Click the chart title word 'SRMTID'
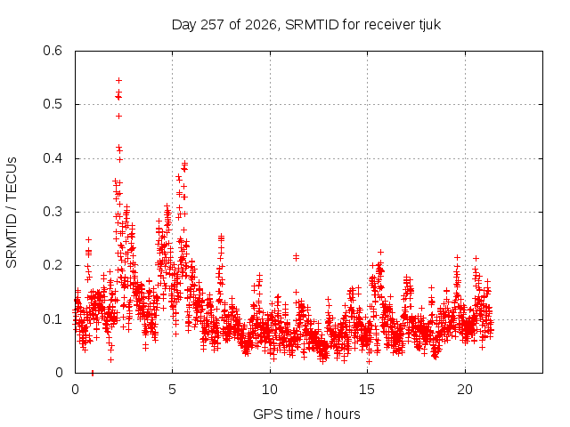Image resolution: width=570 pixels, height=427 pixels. pyautogui.click(x=312, y=25)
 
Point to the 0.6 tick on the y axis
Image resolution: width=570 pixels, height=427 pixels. pyautogui.click(x=53, y=51)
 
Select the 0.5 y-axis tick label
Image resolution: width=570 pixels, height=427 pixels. pyautogui.click(x=53, y=104)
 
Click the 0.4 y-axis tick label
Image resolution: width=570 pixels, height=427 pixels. pyautogui.click(x=53, y=158)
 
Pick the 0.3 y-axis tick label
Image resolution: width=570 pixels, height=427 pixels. pyautogui.click(x=53, y=212)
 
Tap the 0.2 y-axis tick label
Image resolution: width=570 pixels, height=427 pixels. pyautogui.click(x=53, y=265)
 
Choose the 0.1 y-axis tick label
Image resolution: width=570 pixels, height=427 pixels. pyautogui.click(x=53, y=319)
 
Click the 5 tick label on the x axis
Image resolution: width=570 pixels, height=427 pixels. pyautogui.click(x=172, y=390)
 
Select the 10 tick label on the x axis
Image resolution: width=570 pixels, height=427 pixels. pyautogui.click(x=270, y=390)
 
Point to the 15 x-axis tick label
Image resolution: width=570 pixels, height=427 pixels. pyautogui.click(x=367, y=390)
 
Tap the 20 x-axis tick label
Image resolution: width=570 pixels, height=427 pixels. pyautogui.click(x=465, y=390)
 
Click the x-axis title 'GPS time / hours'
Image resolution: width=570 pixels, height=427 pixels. pyautogui.click(x=306, y=414)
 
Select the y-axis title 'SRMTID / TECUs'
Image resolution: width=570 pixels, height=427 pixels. pyautogui.click(x=12, y=213)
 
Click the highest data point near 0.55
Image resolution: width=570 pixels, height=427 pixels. pyautogui.click(x=118, y=80)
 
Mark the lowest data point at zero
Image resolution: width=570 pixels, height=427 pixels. pyautogui.click(x=93, y=373)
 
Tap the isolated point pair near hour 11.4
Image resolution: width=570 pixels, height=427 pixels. pyautogui.click(x=296, y=257)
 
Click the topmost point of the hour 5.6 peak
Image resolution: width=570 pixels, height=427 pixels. pyautogui.click(x=184, y=163)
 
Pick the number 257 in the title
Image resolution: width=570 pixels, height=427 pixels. pyautogui.click(x=214, y=25)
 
